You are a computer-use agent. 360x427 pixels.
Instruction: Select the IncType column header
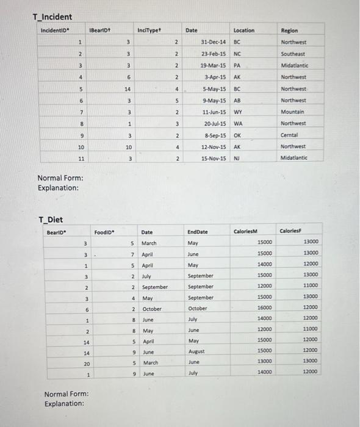tap(148, 29)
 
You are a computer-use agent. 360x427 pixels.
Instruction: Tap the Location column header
tap(243, 30)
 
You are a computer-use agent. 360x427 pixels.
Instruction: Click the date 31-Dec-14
tap(214, 42)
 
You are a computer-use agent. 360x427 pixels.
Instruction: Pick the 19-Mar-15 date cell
tap(214, 65)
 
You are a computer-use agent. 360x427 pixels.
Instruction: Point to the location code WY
tap(238, 112)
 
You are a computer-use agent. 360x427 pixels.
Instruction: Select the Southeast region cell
tap(294, 54)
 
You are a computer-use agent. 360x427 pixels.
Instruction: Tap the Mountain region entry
tap(293, 112)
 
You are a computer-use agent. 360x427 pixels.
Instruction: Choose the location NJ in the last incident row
tap(237, 159)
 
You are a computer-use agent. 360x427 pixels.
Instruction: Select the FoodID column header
tap(105, 232)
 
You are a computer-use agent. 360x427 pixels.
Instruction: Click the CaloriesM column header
tap(247, 231)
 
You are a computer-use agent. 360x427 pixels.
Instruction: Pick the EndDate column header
tap(198, 232)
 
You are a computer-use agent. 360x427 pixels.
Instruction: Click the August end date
tap(197, 351)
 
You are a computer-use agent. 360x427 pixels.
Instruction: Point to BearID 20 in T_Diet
tap(87, 362)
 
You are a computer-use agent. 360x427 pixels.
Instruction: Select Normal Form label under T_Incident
tap(60, 178)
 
